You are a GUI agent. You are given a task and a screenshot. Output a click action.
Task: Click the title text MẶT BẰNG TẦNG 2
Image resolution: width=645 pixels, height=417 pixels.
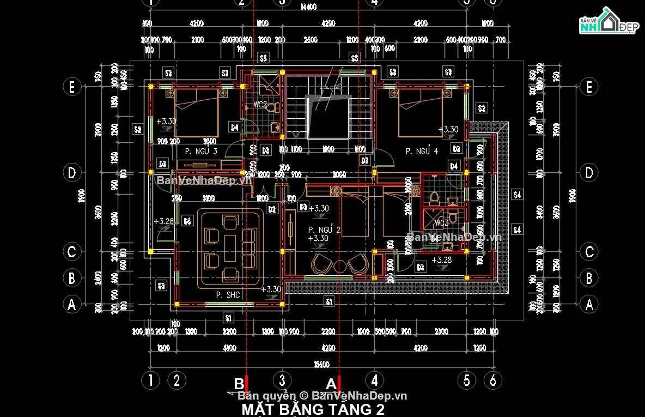(x=313, y=409)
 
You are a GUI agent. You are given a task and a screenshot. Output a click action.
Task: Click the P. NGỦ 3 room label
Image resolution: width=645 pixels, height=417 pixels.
(x=201, y=151)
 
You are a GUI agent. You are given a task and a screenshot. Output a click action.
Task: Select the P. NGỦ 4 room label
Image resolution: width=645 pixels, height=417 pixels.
(x=422, y=151)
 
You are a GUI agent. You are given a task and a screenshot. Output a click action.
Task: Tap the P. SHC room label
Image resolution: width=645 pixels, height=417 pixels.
(x=228, y=295)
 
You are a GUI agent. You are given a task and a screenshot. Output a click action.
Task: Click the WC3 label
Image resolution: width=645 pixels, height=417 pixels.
(x=442, y=223)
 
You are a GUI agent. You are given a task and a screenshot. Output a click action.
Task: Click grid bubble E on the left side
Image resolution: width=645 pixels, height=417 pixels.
(x=71, y=87)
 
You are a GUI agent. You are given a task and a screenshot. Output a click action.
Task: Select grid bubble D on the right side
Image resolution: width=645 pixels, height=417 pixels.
(x=589, y=173)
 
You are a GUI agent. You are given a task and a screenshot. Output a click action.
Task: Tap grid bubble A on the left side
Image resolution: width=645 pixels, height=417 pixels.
(x=71, y=304)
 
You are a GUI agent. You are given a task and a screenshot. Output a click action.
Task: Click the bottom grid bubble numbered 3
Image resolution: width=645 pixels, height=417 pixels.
(x=282, y=380)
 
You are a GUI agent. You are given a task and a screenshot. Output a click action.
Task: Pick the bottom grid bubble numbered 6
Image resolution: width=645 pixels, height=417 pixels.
(x=492, y=380)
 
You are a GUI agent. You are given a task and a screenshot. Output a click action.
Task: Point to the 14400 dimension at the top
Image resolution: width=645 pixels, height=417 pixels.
(x=308, y=7)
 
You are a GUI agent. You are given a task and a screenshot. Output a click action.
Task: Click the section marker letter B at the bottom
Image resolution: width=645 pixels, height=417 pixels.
(x=239, y=384)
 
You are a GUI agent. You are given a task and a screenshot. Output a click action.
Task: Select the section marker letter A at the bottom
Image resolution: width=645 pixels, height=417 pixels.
(x=331, y=384)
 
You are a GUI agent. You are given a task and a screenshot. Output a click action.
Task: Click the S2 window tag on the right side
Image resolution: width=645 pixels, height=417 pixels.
(x=481, y=108)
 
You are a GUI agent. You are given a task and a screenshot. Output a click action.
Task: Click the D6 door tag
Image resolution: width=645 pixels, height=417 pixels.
(x=187, y=221)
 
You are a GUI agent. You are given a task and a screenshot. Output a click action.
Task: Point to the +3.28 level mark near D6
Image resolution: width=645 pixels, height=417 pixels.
(x=164, y=222)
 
